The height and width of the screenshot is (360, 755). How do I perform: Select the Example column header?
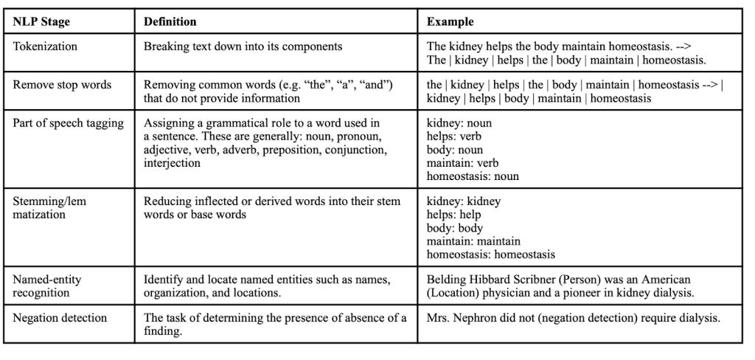coord(450,22)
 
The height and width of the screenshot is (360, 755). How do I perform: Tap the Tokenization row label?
coord(46,46)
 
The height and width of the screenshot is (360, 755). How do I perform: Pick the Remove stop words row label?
coord(62,84)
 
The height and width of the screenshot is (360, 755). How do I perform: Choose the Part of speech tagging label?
coord(69,122)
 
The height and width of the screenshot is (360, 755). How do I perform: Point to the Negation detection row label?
coord(60,318)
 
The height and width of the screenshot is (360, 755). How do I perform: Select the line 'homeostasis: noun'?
coord(473,176)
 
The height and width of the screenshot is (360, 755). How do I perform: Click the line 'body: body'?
coord(455,228)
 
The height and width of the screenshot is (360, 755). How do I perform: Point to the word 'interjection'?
coord(172,163)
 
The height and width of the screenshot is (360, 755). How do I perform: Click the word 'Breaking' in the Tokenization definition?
coord(166,46)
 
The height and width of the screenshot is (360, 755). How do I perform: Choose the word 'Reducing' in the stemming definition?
coord(167,201)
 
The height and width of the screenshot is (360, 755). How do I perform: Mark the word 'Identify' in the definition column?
coord(164,280)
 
